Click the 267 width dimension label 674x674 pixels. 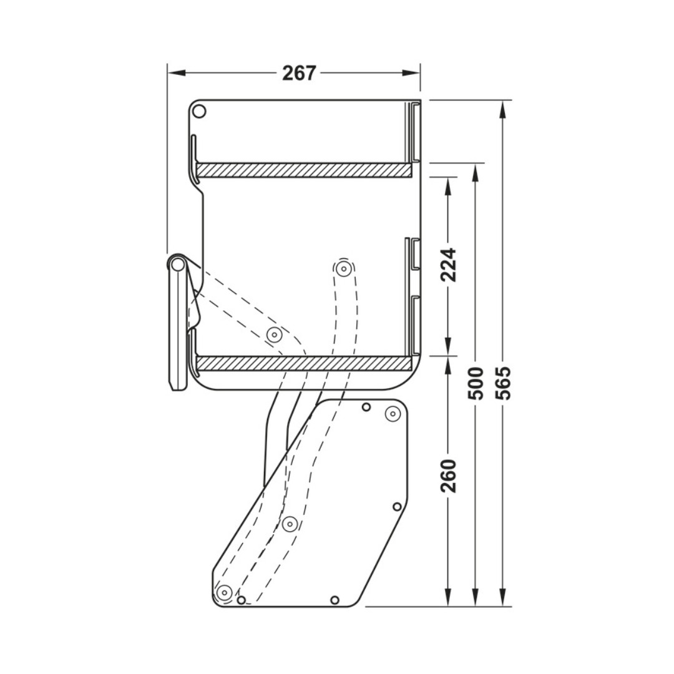pyautogui.click(x=299, y=73)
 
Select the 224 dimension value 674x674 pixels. pyautogui.click(x=448, y=265)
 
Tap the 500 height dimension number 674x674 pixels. pyautogui.click(x=476, y=383)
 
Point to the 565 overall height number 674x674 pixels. pyautogui.click(x=503, y=383)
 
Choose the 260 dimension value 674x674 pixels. pyautogui.click(x=448, y=476)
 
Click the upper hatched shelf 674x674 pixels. pyautogui.click(x=304, y=170)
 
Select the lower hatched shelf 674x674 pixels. pyautogui.click(x=304, y=363)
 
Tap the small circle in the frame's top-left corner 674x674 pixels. pyautogui.click(x=199, y=112)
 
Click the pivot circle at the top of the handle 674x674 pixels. pyautogui.click(x=178, y=265)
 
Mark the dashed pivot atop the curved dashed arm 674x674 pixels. pyautogui.click(x=343, y=269)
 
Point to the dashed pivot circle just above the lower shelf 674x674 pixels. pyautogui.click(x=274, y=335)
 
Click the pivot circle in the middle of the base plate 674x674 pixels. pyautogui.click(x=289, y=524)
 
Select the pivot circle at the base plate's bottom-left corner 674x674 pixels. pyautogui.click(x=223, y=591)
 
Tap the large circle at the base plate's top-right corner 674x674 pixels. pyautogui.click(x=392, y=413)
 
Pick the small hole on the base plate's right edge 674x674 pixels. pyautogui.click(x=396, y=506)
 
